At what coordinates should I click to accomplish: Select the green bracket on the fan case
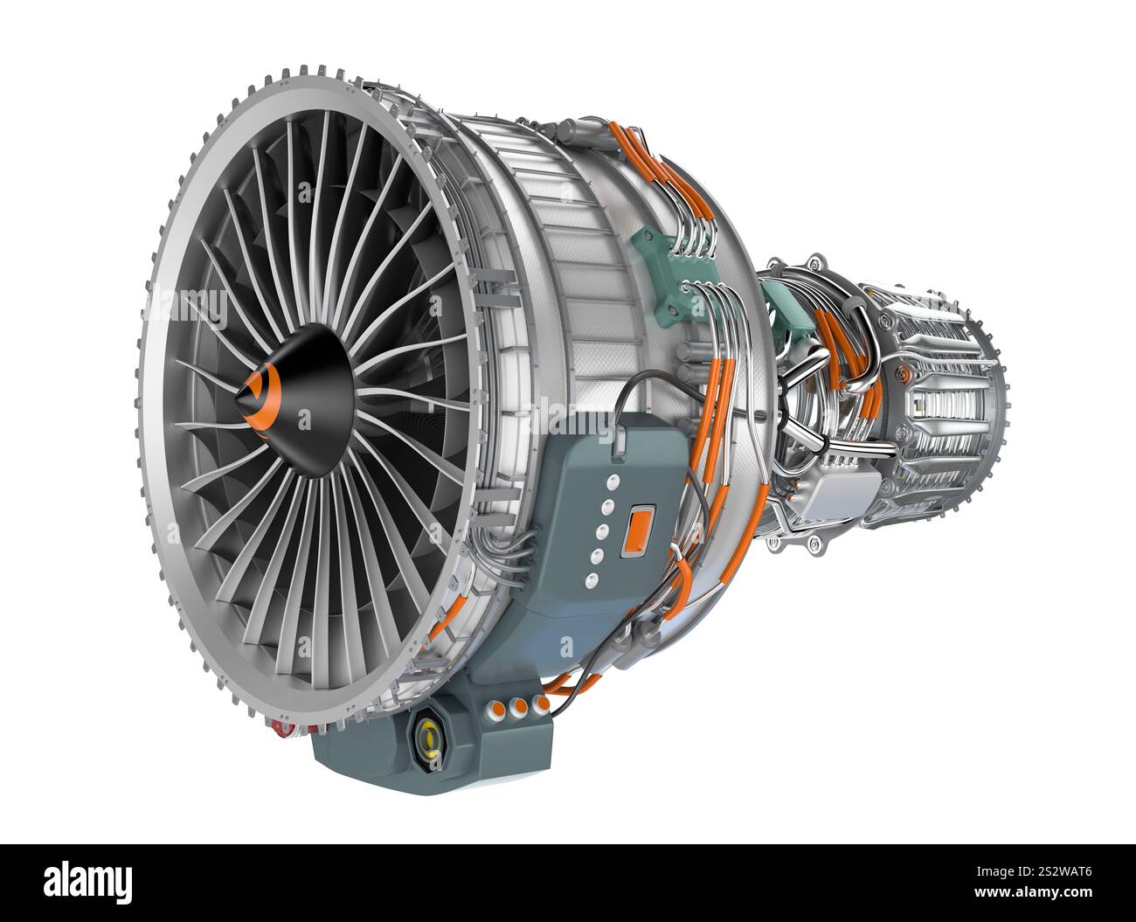pos(671,270)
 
